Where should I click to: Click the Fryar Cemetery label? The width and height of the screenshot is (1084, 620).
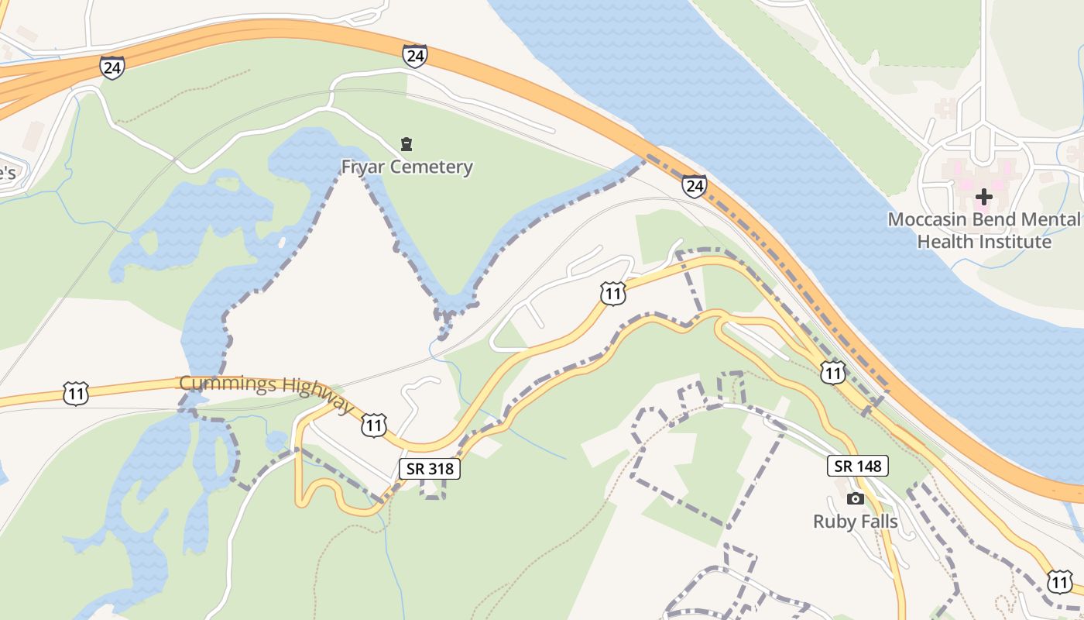pyautogui.click(x=407, y=167)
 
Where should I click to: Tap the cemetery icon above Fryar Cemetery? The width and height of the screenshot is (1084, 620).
pyautogui.click(x=406, y=143)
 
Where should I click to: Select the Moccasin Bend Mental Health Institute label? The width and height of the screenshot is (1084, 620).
pyautogui.click(x=984, y=230)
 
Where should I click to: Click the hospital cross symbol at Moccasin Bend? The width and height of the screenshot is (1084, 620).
pyautogui.click(x=983, y=197)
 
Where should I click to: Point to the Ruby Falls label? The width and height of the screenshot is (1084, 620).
pyautogui.click(x=856, y=522)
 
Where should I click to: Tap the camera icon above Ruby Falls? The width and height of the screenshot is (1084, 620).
pyautogui.click(x=856, y=499)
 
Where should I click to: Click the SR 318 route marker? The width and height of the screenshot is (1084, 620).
pyautogui.click(x=430, y=468)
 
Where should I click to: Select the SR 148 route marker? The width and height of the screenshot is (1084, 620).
pyautogui.click(x=857, y=466)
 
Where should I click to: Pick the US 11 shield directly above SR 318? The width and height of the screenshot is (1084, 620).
pyautogui.click(x=375, y=425)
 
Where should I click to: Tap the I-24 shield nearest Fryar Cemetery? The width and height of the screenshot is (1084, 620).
pyautogui.click(x=414, y=56)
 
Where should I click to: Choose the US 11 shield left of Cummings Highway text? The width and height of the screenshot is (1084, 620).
pyautogui.click(x=76, y=394)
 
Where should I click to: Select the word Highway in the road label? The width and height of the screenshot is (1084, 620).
pyautogui.click(x=317, y=397)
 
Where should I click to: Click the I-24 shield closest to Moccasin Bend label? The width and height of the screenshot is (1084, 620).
pyautogui.click(x=695, y=186)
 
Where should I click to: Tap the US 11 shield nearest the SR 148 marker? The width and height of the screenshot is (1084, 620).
pyautogui.click(x=833, y=374)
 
